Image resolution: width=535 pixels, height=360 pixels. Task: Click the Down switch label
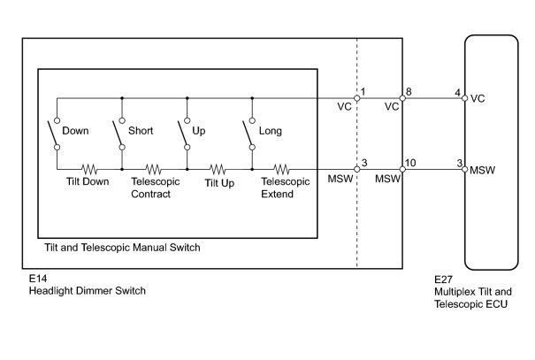(75, 131)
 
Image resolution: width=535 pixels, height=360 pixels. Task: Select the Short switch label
(141, 131)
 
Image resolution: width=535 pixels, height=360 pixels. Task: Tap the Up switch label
(199, 131)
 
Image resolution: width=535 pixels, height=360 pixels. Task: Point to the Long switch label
(271, 131)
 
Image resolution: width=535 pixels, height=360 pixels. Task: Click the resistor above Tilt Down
(89, 169)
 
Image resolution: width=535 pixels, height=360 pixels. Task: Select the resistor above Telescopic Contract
(153, 169)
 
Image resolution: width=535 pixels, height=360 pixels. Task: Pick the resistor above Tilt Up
(218, 169)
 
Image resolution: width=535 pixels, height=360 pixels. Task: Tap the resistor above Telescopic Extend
(281, 169)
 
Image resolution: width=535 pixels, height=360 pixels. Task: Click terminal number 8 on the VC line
(409, 92)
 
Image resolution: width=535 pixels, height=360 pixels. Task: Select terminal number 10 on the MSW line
(411, 163)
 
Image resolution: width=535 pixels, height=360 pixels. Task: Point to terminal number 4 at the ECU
(457, 93)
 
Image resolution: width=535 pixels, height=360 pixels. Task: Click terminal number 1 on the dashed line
(363, 92)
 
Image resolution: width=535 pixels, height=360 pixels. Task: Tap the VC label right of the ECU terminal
(478, 98)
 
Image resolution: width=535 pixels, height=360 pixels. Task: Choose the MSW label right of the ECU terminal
(483, 170)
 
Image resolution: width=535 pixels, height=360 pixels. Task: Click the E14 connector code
(38, 279)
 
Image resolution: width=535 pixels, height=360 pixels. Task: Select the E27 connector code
(443, 280)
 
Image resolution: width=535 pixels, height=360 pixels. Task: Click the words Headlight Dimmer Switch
(88, 291)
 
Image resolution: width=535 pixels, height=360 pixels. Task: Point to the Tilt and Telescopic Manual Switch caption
(122, 248)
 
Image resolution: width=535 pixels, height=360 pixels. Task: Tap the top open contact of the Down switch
(57, 120)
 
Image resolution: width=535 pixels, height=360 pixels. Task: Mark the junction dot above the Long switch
(252, 98)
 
